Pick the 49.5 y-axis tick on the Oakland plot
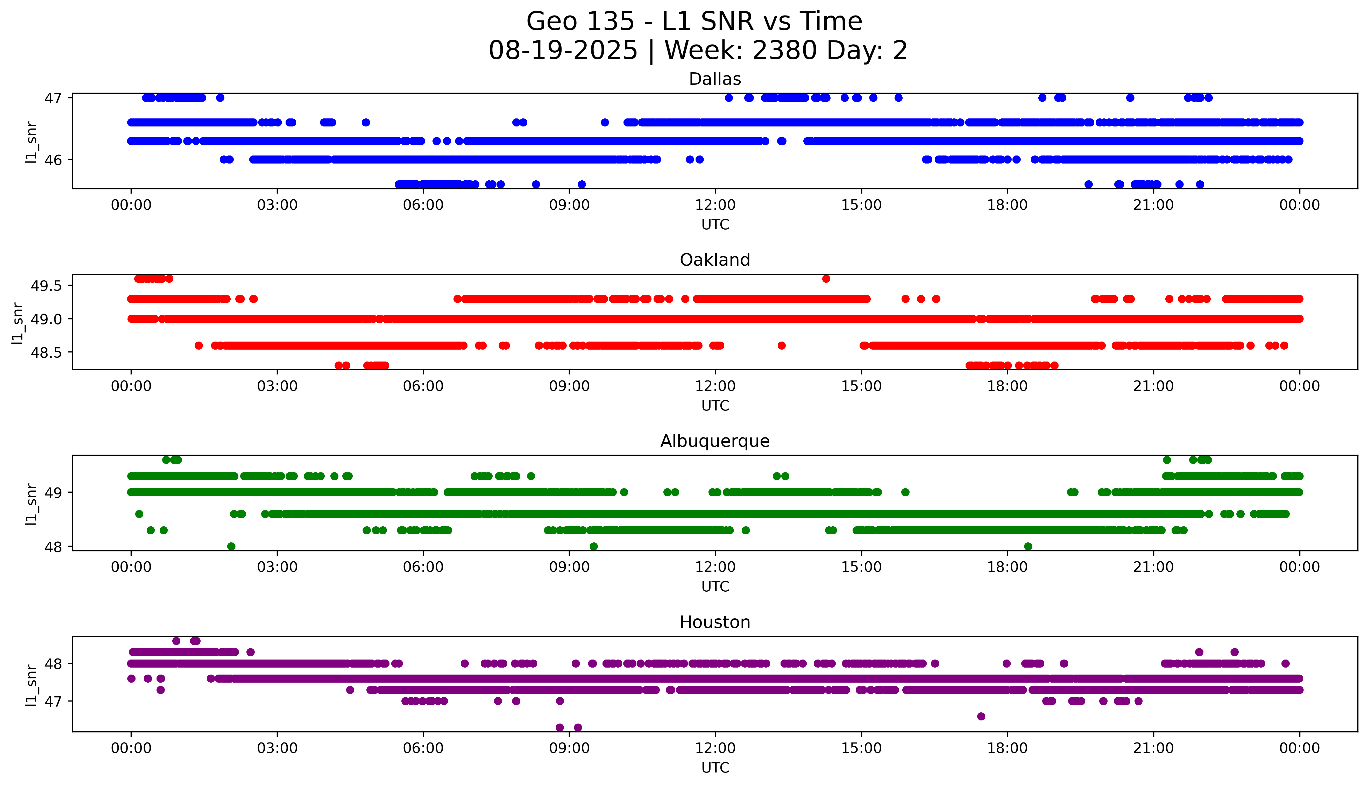[47, 286]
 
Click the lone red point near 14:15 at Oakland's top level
[826, 279]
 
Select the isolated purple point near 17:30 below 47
[981, 716]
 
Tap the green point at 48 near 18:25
[1028, 546]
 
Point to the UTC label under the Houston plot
[715, 768]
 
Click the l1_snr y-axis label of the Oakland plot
[18, 323]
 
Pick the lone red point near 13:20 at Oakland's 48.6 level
[781, 345]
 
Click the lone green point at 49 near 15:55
[905, 492]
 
